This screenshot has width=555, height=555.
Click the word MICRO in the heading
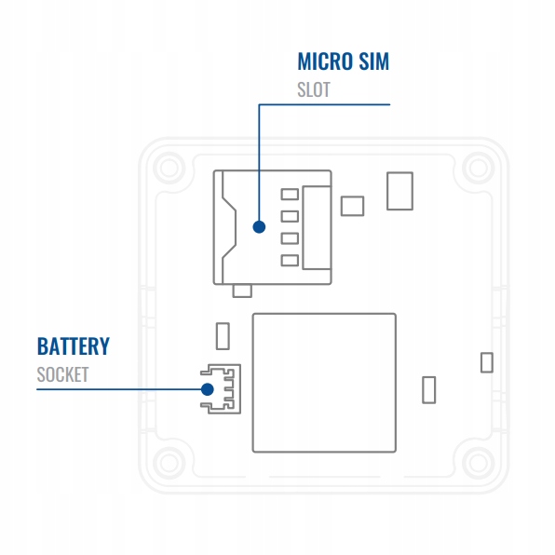pyautogui.click(x=325, y=61)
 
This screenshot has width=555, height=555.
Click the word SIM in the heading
pyautogui.click(x=373, y=61)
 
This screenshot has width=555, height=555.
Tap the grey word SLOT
pyautogui.click(x=314, y=89)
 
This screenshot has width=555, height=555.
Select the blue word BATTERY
pyautogui.click(x=74, y=346)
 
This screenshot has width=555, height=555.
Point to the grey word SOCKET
pyautogui.click(x=62, y=374)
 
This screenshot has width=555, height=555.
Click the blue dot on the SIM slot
pyautogui.click(x=259, y=227)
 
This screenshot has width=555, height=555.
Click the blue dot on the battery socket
pyautogui.click(x=207, y=389)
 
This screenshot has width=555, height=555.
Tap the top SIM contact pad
pyautogui.click(x=290, y=195)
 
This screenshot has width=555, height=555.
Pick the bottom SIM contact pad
pyautogui.click(x=290, y=261)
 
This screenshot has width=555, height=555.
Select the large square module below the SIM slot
pyautogui.click(x=324, y=383)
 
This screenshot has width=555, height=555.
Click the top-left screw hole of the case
pyautogui.click(x=169, y=169)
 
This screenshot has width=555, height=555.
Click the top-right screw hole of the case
pyautogui.click(x=479, y=169)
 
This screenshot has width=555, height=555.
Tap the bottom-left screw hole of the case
pyautogui.click(x=169, y=464)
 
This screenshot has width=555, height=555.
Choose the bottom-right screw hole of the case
pyautogui.click(x=479, y=464)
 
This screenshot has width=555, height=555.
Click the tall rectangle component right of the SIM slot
pyautogui.click(x=400, y=191)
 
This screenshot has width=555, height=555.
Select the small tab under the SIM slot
pyautogui.click(x=242, y=291)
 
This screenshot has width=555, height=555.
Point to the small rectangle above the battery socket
pyautogui.click(x=223, y=336)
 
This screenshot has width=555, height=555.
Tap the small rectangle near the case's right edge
pyautogui.click(x=487, y=362)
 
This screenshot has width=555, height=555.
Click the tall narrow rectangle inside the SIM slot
pyautogui.click(x=317, y=227)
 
